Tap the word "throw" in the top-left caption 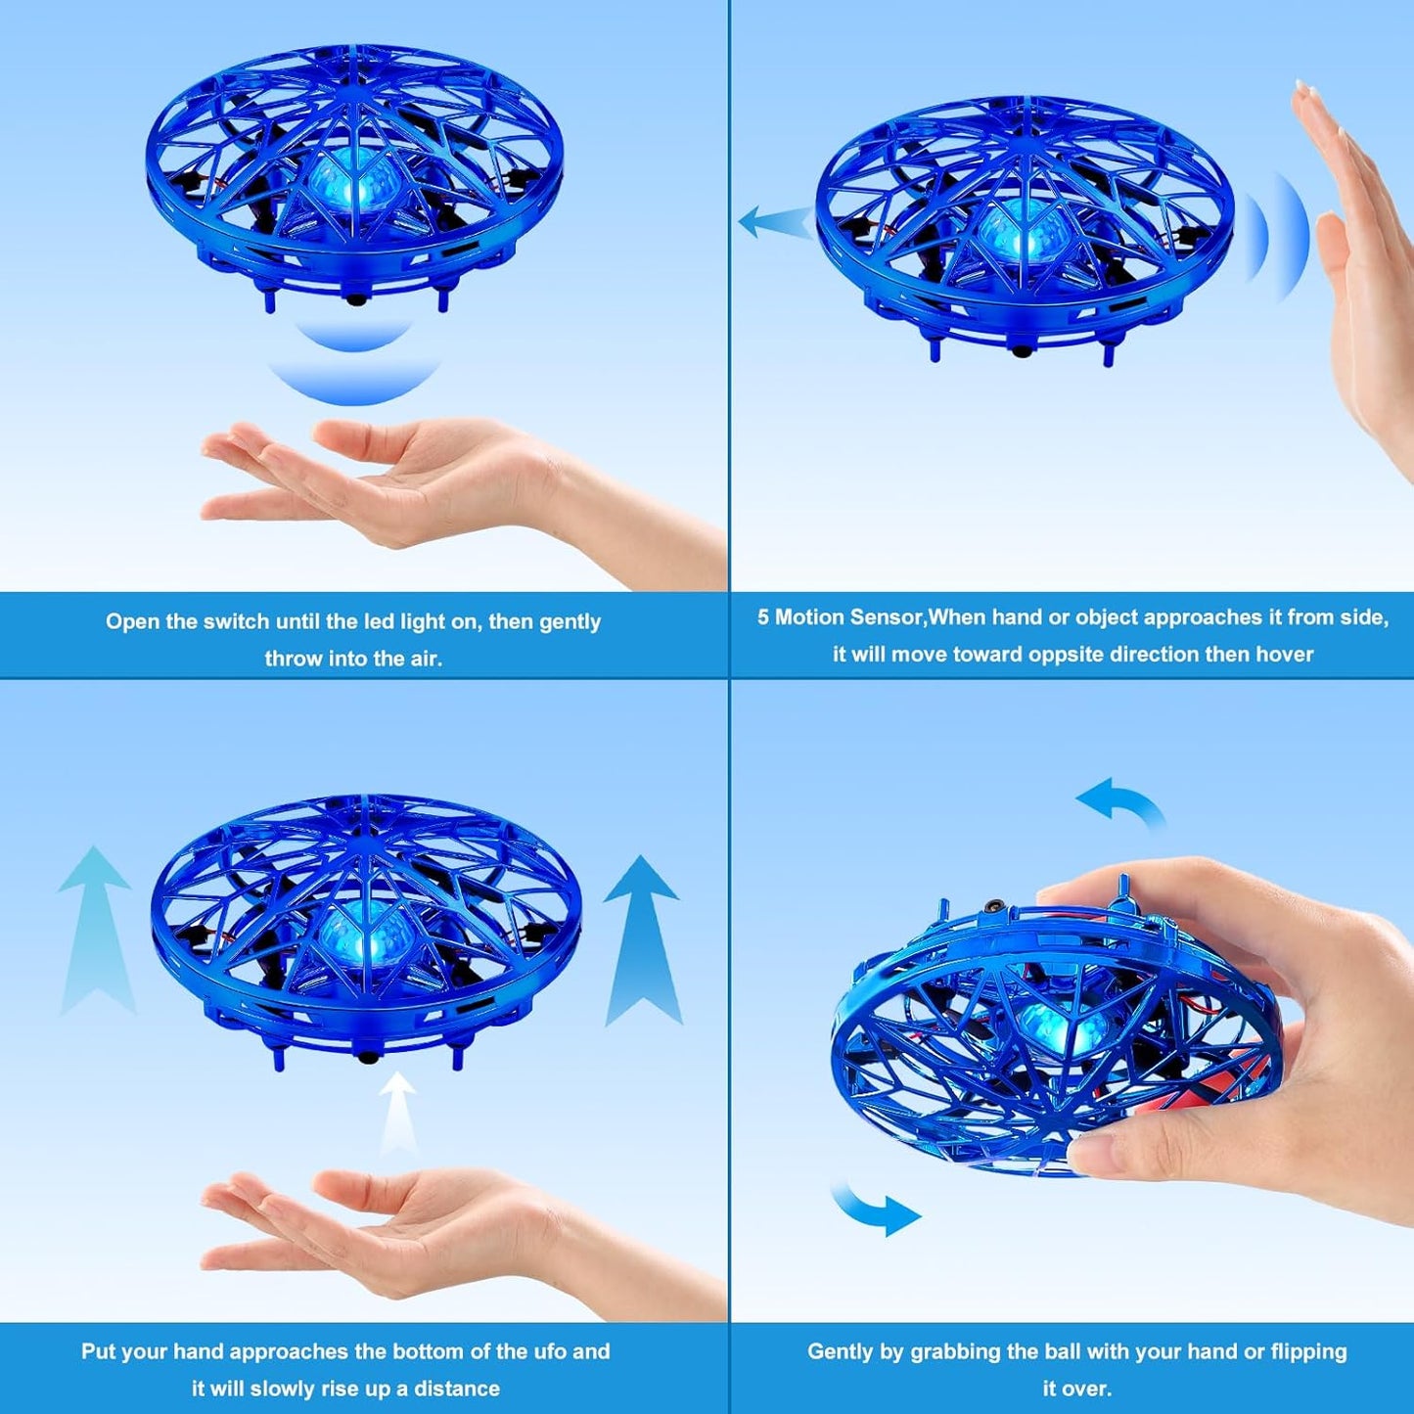point(293,660)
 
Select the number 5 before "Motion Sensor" point(763,617)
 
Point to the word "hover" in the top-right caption point(1284,655)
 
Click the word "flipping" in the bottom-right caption point(1308,1352)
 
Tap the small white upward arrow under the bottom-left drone point(397,1111)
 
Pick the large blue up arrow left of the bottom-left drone point(95,930)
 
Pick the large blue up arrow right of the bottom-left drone point(642,939)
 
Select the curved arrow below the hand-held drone point(876,1209)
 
